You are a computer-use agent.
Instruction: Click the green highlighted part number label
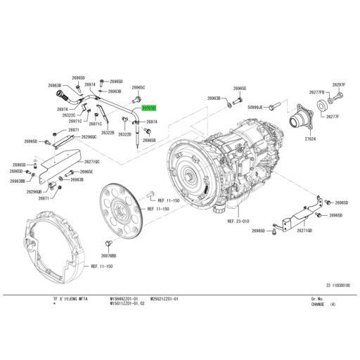click(149, 109)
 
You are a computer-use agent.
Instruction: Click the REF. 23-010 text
click(238, 221)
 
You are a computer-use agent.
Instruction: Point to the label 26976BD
click(108, 255)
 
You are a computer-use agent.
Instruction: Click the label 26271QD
click(306, 229)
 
